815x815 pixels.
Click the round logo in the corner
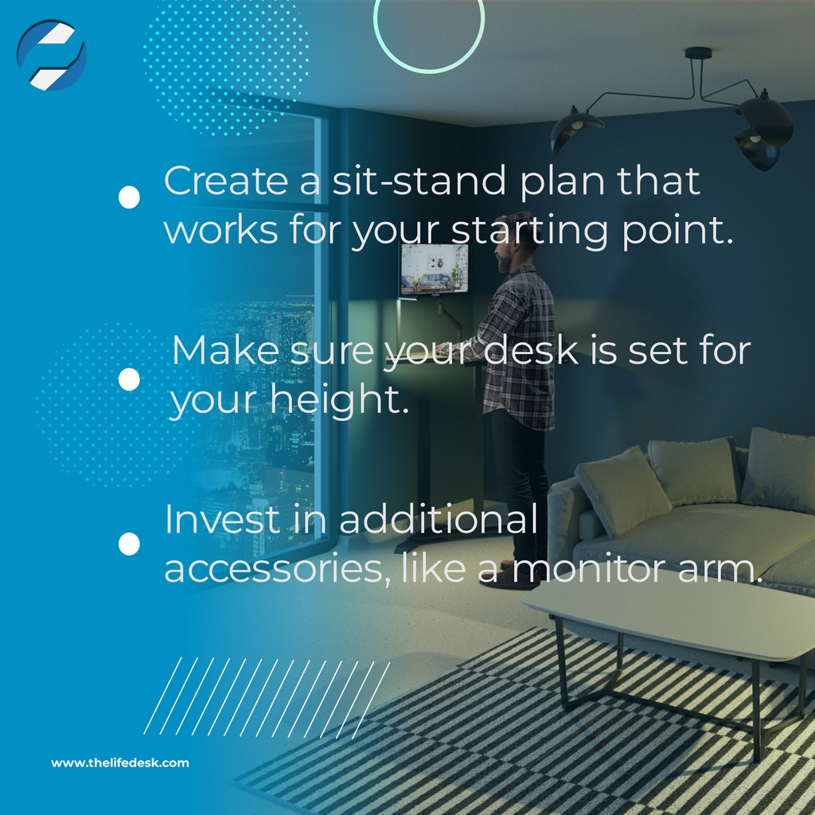[52, 55]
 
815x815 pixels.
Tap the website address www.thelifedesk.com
[120, 762]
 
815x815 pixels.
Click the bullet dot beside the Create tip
[129, 197]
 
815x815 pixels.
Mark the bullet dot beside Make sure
[129, 380]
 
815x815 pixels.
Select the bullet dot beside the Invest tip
[129, 544]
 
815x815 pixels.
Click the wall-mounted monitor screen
[433, 270]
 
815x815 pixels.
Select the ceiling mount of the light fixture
[698, 54]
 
